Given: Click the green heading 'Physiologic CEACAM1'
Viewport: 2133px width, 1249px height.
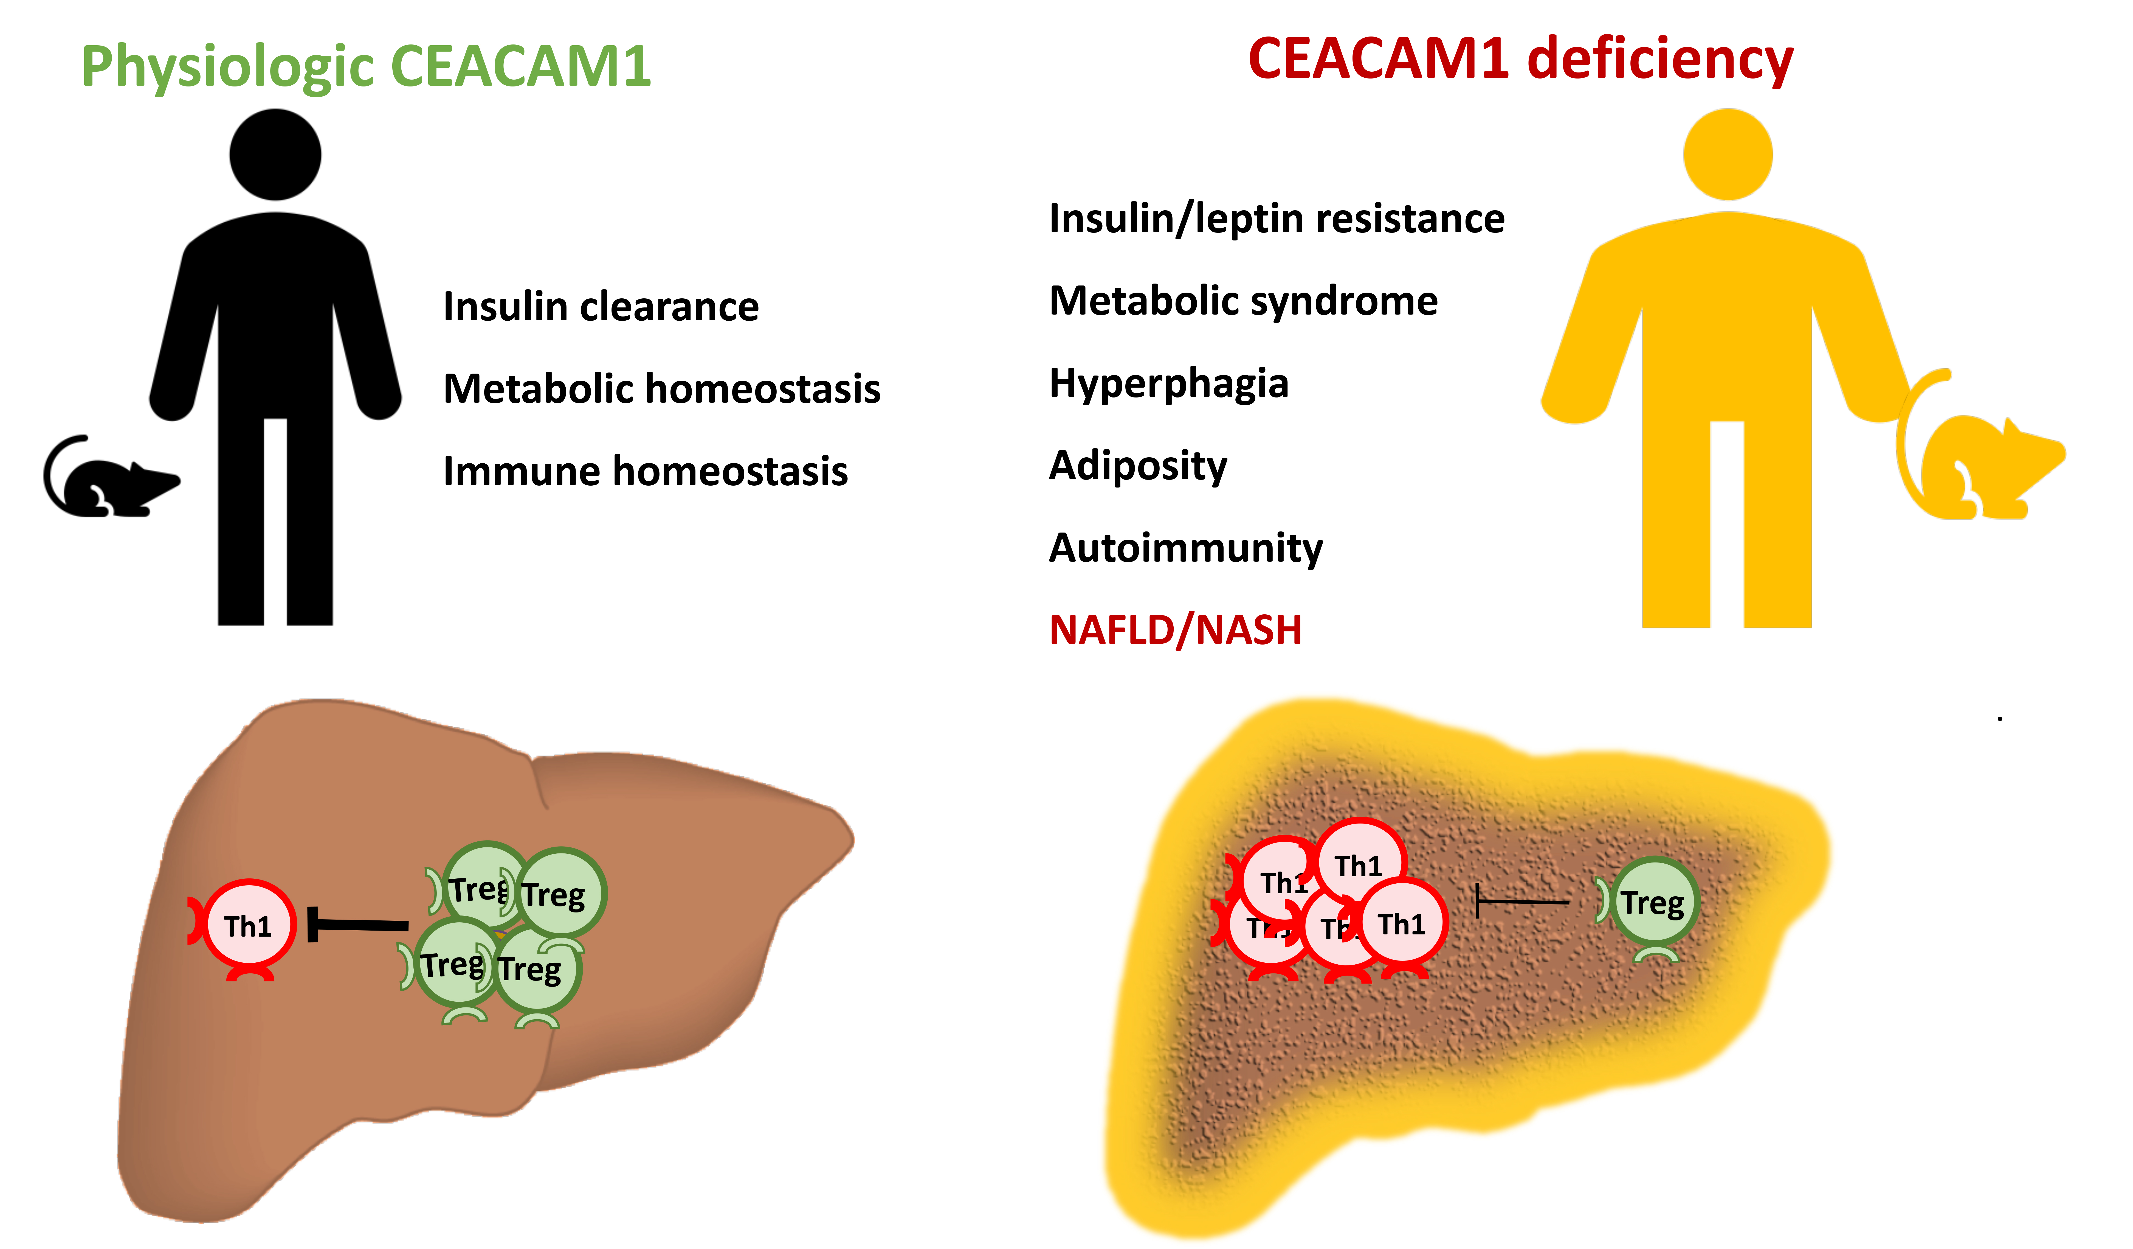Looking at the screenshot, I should point(366,66).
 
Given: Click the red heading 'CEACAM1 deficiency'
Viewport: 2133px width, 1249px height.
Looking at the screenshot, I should point(1520,59).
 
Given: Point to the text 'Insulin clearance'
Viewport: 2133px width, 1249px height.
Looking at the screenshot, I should point(601,307).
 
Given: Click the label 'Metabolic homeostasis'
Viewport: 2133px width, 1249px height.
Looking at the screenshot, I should point(662,389).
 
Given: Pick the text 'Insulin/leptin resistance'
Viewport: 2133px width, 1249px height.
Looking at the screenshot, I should point(1277,219).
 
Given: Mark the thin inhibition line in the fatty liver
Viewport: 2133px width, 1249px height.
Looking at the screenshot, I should point(1522,902).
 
